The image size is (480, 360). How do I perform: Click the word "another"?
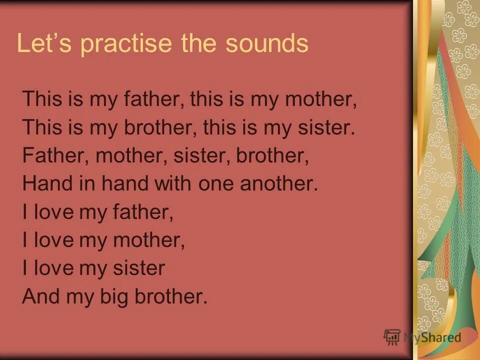[279, 184]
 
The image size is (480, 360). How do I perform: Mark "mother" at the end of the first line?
[321, 99]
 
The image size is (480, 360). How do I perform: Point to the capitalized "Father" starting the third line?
[54, 156]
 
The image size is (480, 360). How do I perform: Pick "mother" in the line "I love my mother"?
[149, 240]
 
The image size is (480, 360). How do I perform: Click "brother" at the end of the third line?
[272, 156]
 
